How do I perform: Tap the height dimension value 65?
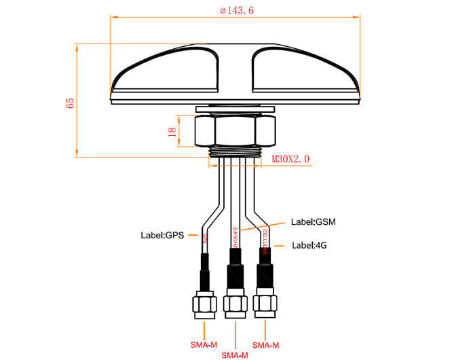(69, 102)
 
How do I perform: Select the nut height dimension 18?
(172, 131)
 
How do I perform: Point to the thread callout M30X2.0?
(290, 160)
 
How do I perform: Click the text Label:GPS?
(163, 236)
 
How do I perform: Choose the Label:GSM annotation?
(313, 221)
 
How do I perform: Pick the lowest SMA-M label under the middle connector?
(234, 355)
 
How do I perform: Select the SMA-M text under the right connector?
(265, 345)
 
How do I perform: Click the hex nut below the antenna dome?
(235, 130)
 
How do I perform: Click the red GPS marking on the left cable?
(205, 238)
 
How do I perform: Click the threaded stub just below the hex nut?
(235, 151)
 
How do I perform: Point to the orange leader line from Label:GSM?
(274, 226)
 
